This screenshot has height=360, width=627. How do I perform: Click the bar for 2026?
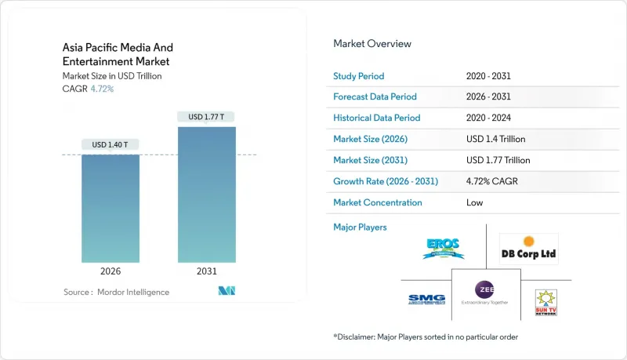[x=111, y=208]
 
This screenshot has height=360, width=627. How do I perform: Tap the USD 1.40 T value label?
[x=111, y=145]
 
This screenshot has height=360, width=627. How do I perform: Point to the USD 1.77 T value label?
[x=206, y=117]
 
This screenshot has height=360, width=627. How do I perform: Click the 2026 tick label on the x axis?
[x=111, y=272]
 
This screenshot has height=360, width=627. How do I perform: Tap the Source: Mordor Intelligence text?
[x=116, y=293]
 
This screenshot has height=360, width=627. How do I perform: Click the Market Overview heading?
[x=372, y=43]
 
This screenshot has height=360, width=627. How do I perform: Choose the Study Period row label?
[x=360, y=75]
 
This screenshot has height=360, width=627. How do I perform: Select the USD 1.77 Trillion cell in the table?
[x=498, y=160]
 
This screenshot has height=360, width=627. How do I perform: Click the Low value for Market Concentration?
[x=475, y=202]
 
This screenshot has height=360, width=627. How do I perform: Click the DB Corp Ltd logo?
[x=529, y=249]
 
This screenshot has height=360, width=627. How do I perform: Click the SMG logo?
[x=427, y=300]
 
